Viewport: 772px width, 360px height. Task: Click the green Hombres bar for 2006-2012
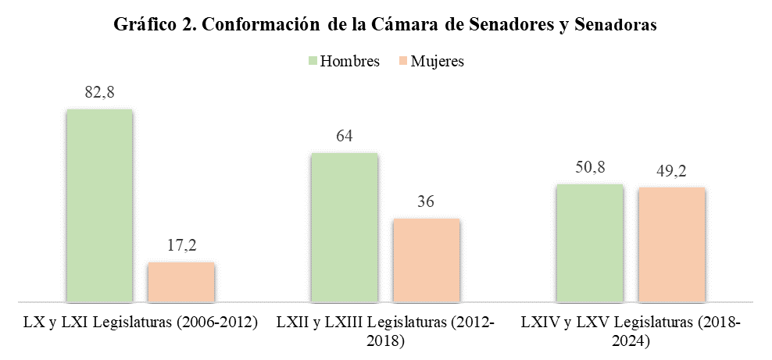(x=99, y=205)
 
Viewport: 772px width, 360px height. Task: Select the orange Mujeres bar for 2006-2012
(x=180, y=281)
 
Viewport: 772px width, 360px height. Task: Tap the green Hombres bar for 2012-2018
(x=344, y=226)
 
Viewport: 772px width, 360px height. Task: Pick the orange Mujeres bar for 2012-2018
(x=426, y=259)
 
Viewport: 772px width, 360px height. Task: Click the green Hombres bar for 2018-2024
(x=589, y=242)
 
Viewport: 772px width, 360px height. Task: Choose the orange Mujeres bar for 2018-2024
(x=671, y=244)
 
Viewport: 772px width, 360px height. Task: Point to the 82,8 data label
(x=99, y=92)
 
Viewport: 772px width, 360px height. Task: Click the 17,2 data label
(x=180, y=245)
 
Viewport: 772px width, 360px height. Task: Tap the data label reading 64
(x=344, y=136)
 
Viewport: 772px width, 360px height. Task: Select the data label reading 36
(x=426, y=201)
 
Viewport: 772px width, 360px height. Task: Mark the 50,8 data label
(x=589, y=167)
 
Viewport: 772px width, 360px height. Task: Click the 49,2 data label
(x=671, y=170)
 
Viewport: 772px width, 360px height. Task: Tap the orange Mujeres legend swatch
(x=402, y=61)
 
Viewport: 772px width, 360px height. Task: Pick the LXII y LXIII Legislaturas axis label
(x=385, y=331)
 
